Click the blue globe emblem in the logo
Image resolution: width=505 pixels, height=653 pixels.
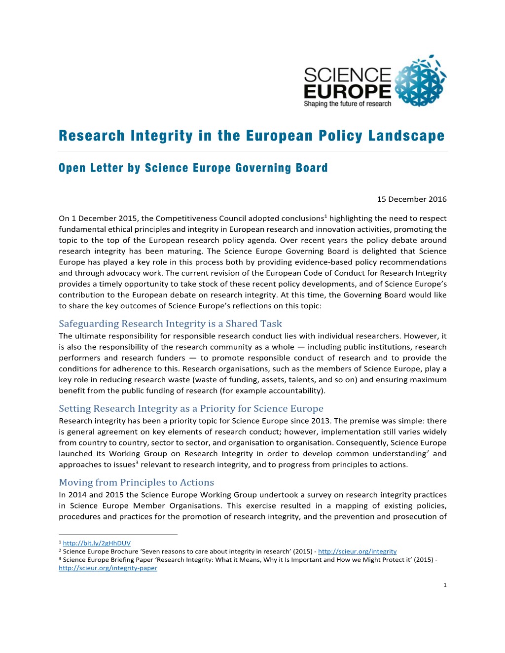pyautogui.click(x=420, y=82)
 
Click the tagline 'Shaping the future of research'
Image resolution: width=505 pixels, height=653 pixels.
pyautogui.click(x=347, y=104)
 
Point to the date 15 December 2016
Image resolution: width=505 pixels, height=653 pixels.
pyautogui.click(x=412, y=199)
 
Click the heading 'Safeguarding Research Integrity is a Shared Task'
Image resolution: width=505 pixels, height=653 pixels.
pyautogui.click(x=170, y=324)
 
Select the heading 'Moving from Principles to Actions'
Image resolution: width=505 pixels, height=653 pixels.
pyautogui.click(x=136, y=482)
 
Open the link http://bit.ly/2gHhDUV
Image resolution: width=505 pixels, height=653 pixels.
pyautogui.click(x=97, y=543)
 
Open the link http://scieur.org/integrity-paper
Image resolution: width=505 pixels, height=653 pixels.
pyautogui.click(x=108, y=568)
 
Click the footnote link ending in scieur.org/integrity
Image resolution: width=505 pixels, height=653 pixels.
pyautogui.click(x=357, y=551)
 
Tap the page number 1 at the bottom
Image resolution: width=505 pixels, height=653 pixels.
pyautogui.click(x=445, y=585)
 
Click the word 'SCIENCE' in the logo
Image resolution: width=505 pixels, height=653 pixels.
pyautogui.click(x=347, y=75)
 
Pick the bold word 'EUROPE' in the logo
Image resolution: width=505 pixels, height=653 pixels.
pyautogui.click(x=347, y=91)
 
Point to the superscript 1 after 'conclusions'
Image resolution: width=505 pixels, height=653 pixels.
pyautogui.click(x=325, y=216)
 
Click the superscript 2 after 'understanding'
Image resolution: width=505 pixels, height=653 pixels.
pyautogui.click(x=428, y=451)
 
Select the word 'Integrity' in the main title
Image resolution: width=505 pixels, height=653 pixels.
pyautogui.click(x=161, y=136)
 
